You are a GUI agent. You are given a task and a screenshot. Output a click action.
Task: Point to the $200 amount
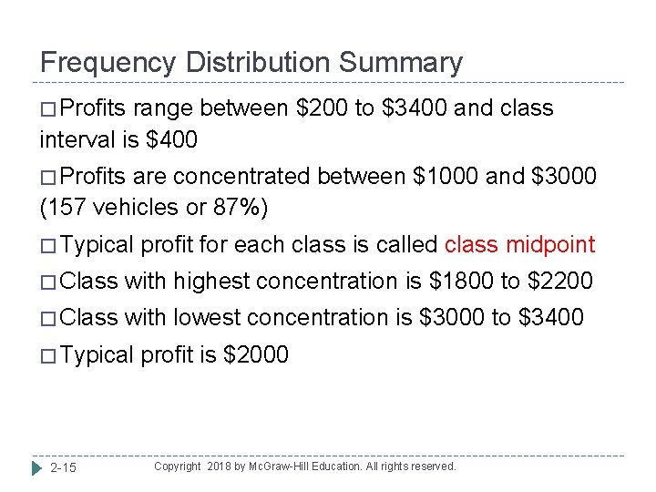[x=323, y=108]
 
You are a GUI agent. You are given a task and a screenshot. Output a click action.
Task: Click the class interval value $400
[x=171, y=141]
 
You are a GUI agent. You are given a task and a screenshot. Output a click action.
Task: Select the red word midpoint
[x=550, y=245]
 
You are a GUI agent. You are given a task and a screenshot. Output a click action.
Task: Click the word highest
[x=212, y=282]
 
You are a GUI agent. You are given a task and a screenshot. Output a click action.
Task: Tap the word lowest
[x=209, y=317]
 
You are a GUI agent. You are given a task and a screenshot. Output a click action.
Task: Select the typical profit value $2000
[x=255, y=354]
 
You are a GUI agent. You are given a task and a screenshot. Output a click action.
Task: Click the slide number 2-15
[x=63, y=468]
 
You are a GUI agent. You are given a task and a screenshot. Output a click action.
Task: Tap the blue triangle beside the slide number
[x=36, y=468]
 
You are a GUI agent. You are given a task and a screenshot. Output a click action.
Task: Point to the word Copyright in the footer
[x=177, y=466]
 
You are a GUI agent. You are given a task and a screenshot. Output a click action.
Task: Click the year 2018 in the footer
[x=220, y=466]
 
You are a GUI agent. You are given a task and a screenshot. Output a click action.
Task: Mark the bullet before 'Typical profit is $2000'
[x=49, y=355]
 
